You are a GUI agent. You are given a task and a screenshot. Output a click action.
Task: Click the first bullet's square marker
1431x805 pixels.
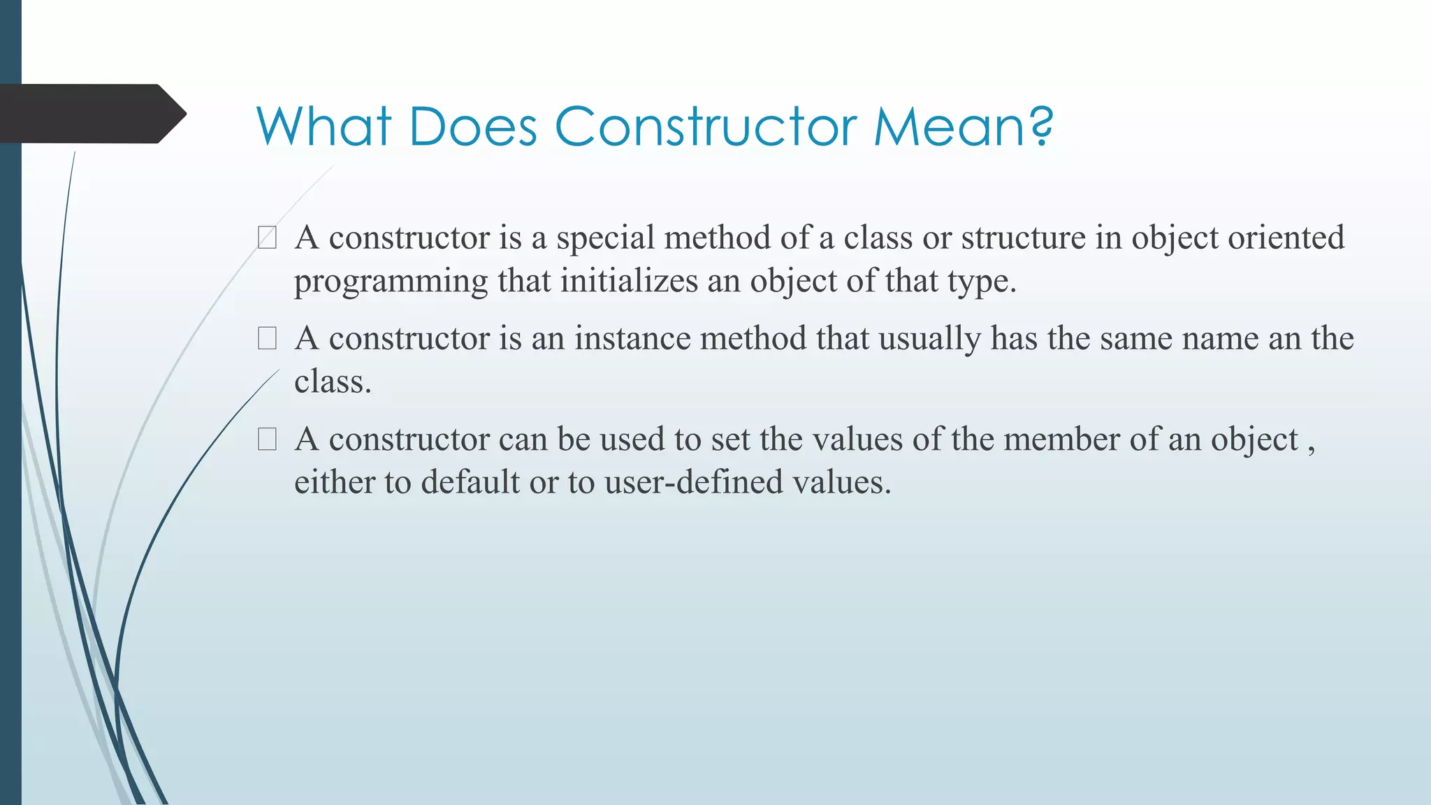267,238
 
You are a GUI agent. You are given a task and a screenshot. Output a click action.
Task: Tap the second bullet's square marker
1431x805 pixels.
267,338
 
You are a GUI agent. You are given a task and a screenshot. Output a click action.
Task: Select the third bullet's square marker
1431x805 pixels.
267,439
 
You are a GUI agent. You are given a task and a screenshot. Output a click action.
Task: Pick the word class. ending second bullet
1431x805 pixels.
333,382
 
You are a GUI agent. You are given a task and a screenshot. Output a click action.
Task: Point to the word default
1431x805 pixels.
470,482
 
